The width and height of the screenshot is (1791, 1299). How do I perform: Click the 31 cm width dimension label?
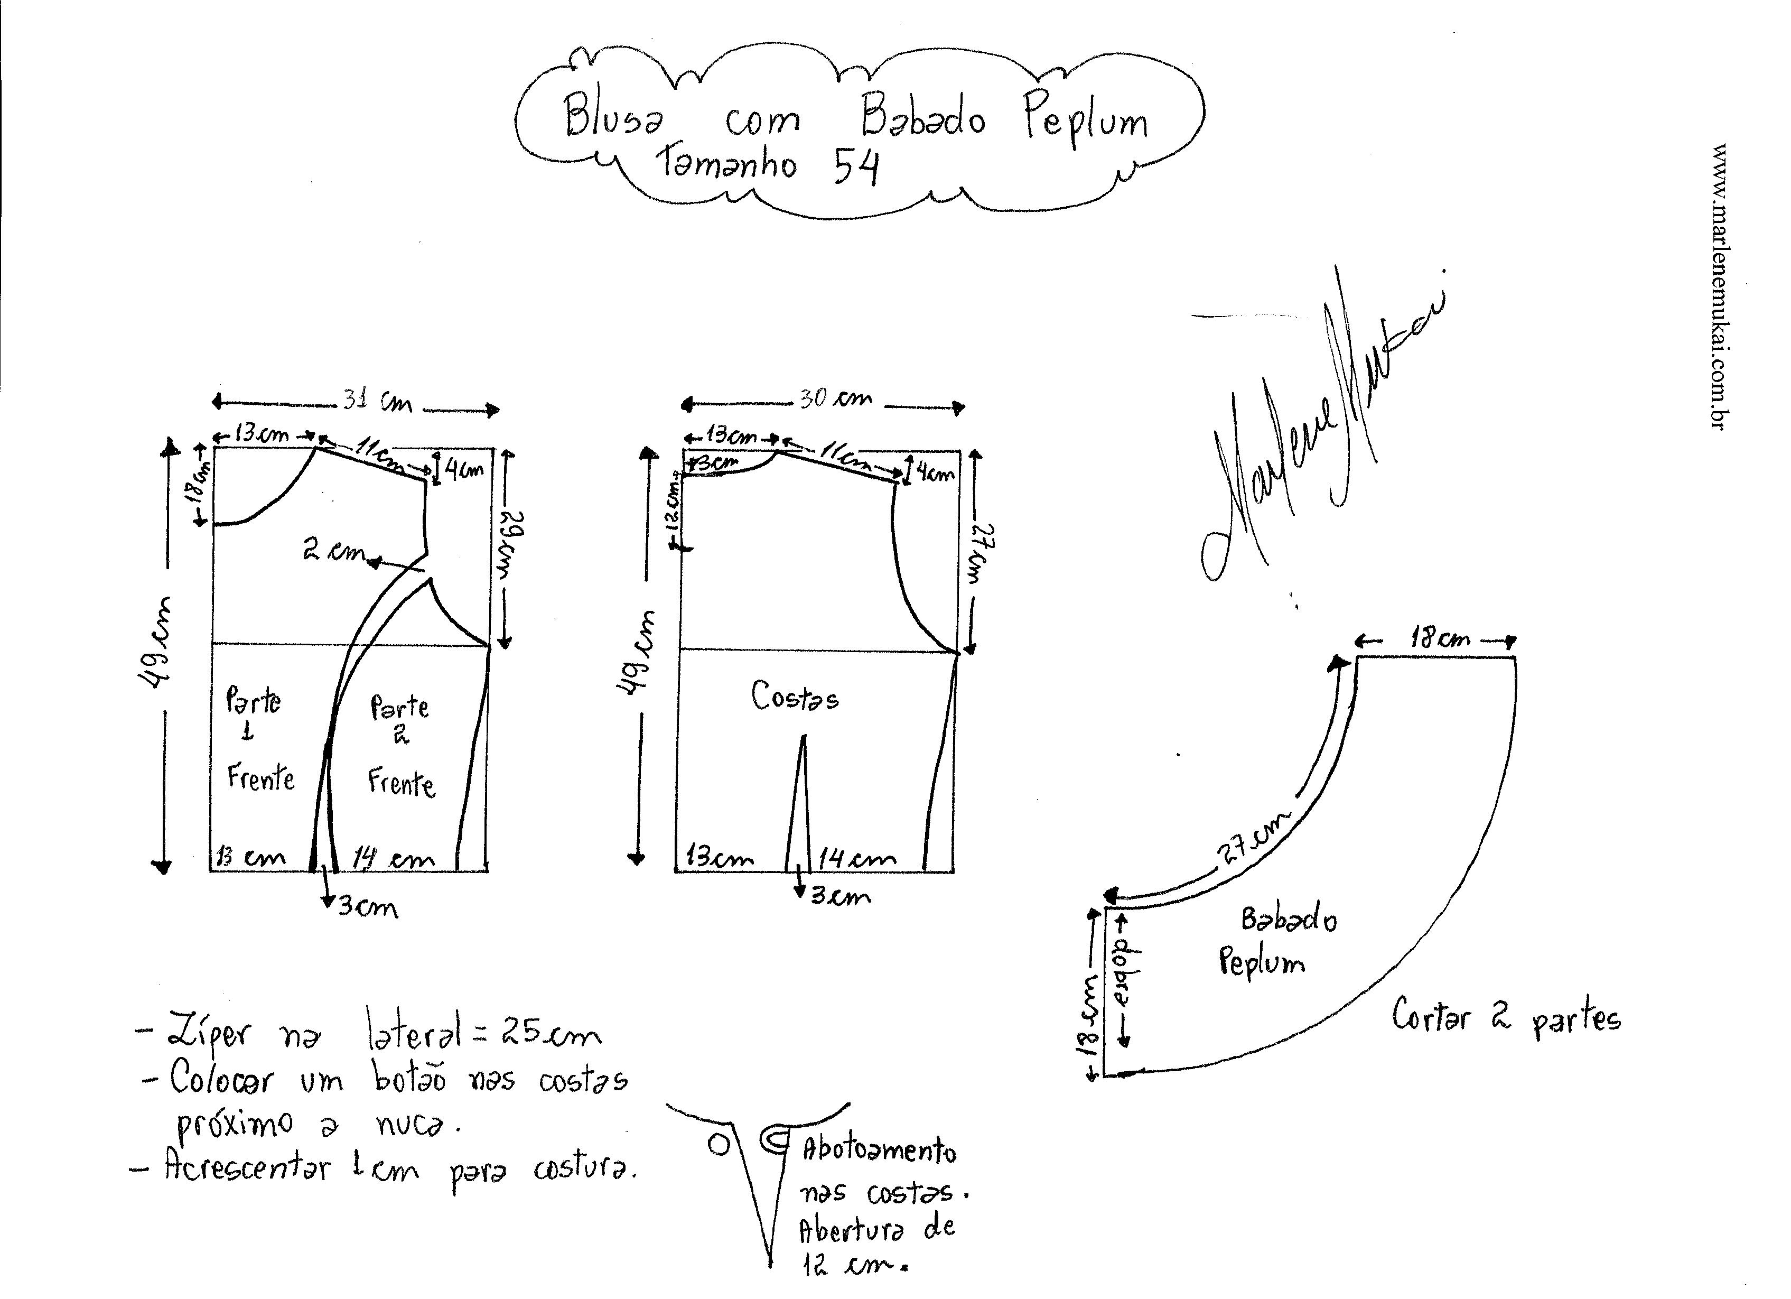click(x=377, y=402)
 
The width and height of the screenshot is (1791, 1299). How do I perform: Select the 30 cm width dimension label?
click(x=836, y=398)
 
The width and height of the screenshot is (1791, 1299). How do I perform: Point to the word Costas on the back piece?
click(x=795, y=697)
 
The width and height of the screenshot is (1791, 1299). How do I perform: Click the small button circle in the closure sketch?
click(x=718, y=1145)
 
